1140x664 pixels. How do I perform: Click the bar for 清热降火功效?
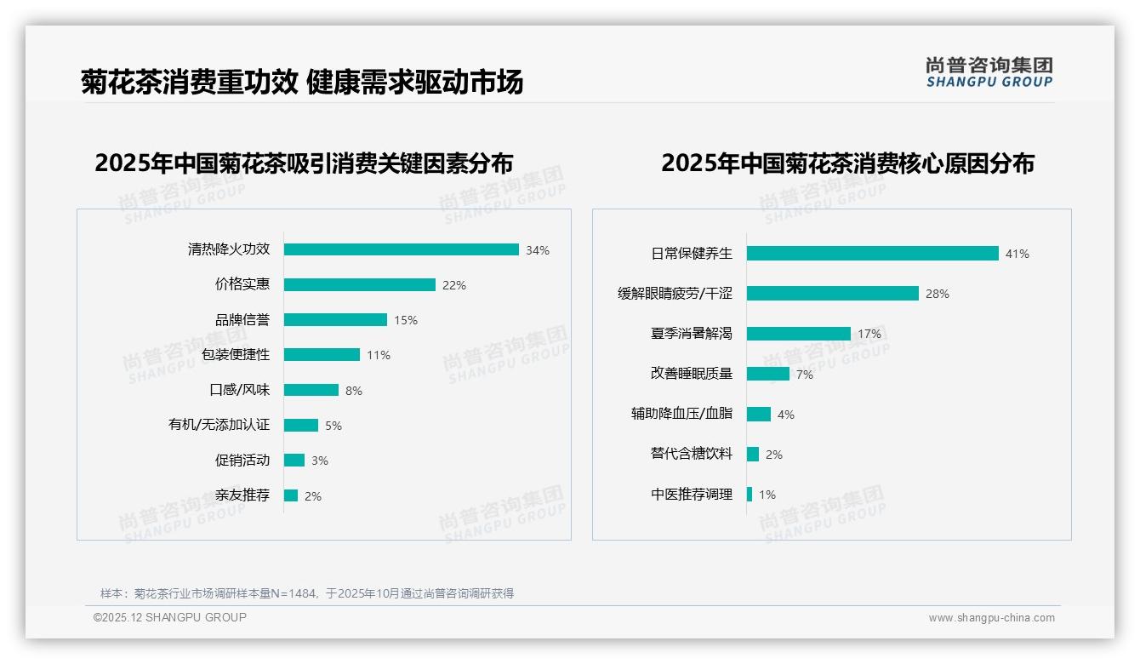(401, 249)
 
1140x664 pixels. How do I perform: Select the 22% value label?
(454, 285)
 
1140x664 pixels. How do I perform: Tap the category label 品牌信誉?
(242, 320)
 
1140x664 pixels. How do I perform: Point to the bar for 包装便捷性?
(322, 355)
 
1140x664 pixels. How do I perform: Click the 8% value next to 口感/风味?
(354, 391)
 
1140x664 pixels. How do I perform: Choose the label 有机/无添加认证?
(219, 425)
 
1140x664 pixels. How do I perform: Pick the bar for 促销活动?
(294, 461)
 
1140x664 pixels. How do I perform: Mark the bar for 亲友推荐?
(291, 495)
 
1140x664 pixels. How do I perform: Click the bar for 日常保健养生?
(872, 254)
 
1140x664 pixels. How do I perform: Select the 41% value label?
(1017, 254)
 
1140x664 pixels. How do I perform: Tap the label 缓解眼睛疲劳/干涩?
(675, 294)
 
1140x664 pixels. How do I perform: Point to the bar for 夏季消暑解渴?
(799, 334)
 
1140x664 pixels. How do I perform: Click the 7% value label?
(805, 375)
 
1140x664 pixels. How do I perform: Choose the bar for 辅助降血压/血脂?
(759, 415)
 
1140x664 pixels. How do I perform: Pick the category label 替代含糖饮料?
(691, 455)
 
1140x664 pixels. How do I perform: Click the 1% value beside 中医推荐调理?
(767, 495)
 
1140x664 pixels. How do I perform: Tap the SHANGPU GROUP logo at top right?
(989, 72)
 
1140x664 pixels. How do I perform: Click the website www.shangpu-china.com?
(991, 618)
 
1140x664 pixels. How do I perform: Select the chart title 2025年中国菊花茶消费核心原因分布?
(847, 163)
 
